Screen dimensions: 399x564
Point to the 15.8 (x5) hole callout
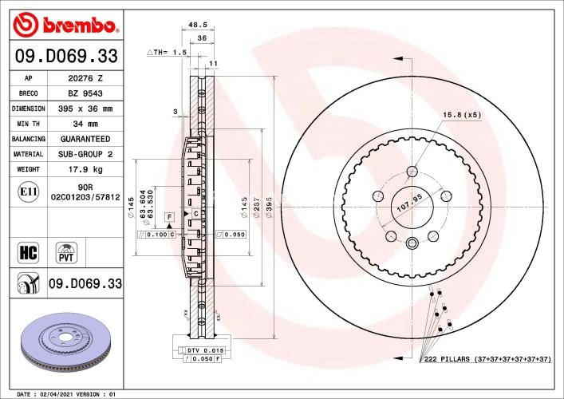click(x=463, y=115)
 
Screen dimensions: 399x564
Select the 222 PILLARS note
click(x=487, y=360)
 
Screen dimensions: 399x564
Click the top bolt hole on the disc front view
click(x=412, y=172)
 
